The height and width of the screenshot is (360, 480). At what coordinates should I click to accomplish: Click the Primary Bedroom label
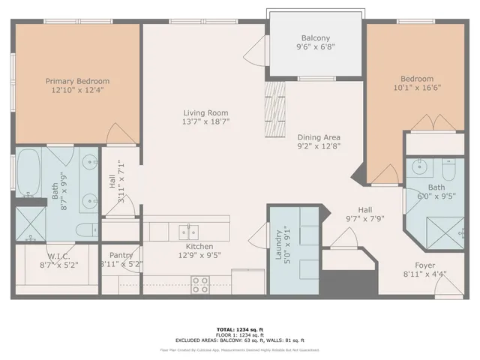pos(77,81)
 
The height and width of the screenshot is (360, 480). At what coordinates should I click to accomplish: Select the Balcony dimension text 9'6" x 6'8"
pos(315,47)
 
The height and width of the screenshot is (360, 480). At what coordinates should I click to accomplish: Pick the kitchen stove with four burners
pos(200,284)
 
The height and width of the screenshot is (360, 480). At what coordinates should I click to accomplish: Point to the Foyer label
pos(425,265)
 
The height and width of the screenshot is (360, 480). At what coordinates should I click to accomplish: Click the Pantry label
pos(121,255)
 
